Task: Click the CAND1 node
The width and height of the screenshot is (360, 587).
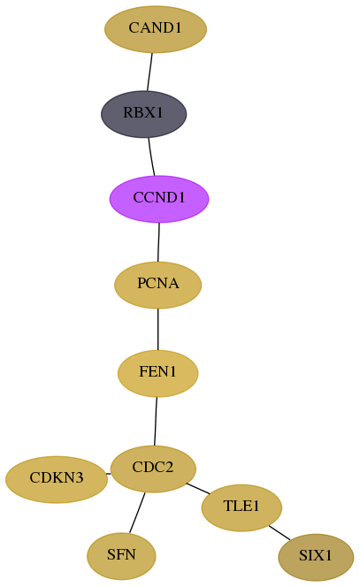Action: click(x=156, y=29)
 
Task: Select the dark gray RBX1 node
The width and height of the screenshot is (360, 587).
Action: click(x=144, y=114)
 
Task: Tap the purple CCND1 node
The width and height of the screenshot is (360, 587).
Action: click(x=159, y=199)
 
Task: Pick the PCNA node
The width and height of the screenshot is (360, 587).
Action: click(x=158, y=285)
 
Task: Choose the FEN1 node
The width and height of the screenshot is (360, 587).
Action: click(x=158, y=373)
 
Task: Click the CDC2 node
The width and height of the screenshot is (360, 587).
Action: click(x=153, y=469)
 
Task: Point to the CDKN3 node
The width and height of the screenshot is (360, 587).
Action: click(x=57, y=479)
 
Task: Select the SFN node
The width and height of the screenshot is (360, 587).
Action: click(x=121, y=556)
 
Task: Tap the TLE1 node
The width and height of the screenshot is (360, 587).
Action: click(x=241, y=507)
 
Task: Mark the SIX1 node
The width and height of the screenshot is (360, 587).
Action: click(x=316, y=557)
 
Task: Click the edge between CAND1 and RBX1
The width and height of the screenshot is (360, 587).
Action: click(x=149, y=72)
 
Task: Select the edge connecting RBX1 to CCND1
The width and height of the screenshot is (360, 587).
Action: click(x=151, y=156)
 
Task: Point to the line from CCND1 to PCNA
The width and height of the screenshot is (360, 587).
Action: click(x=158, y=242)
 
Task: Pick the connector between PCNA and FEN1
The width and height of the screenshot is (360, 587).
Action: click(x=158, y=329)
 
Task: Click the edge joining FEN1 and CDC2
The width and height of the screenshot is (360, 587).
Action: click(x=156, y=421)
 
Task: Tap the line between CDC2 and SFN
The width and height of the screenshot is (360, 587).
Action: click(x=137, y=513)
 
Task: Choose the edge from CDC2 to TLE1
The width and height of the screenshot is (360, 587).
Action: click(x=198, y=489)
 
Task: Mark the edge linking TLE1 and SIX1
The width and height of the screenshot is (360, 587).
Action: click(x=280, y=533)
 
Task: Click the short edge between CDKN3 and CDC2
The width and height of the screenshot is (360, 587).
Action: click(x=109, y=474)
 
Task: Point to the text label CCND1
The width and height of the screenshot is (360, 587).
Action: click(x=159, y=198)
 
